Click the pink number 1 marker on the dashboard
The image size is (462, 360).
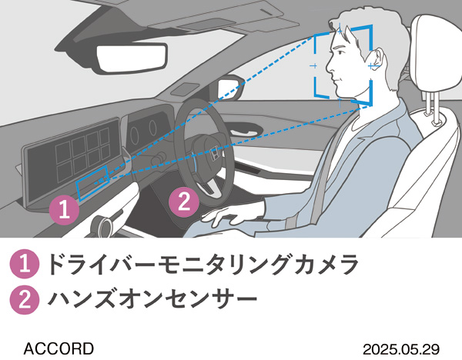point(65,208)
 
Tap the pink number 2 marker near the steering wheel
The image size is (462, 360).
point(182,202)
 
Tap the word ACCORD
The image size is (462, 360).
point(59,348)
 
